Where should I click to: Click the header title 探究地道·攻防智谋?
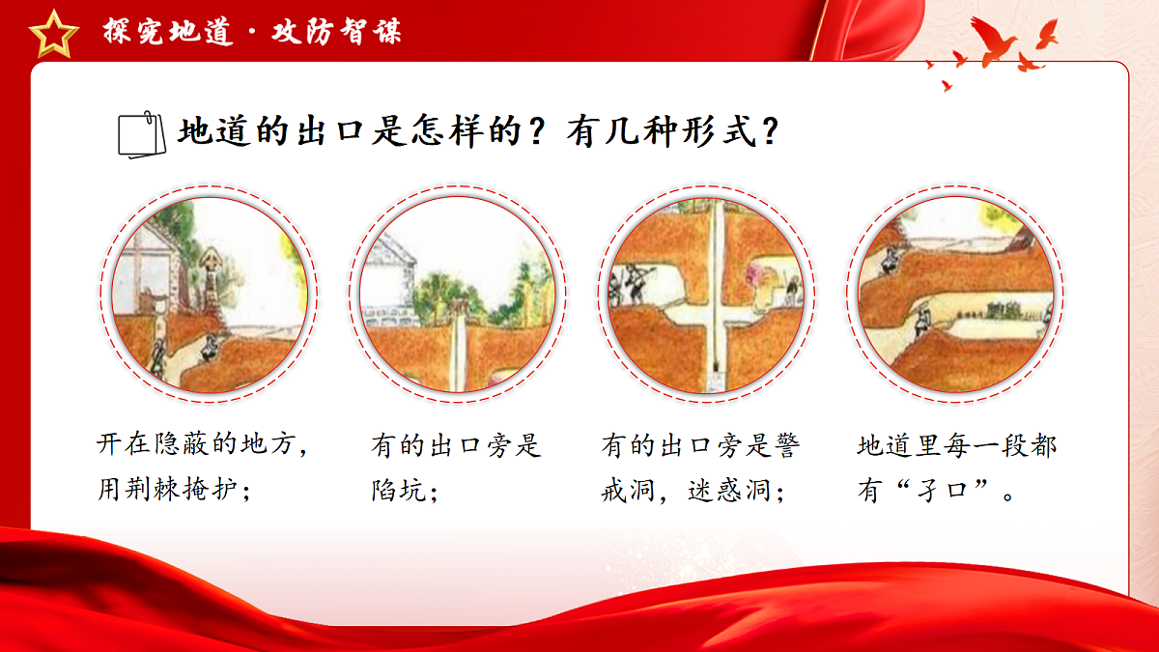tap(253, 31)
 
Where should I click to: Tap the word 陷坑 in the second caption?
tap(399, 490)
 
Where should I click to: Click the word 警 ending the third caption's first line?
tap(787, 446)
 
